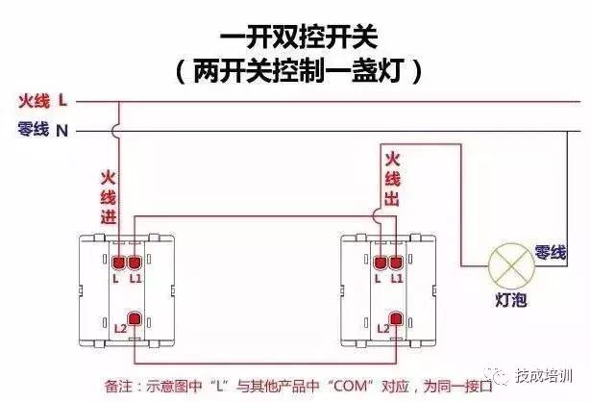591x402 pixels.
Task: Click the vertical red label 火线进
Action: [x=107, y=196]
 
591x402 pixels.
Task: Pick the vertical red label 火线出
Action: [x=392, y=177]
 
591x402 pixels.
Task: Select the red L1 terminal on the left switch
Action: [x=135, y=262]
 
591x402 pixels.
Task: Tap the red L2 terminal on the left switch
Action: [x=135, y=319]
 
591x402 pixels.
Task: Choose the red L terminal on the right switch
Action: [x=381, y=262]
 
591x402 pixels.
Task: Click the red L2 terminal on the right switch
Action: [x=395, y=319]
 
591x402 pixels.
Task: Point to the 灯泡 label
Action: [x=510, y=300]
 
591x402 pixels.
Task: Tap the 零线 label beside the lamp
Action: [x=551, y=252]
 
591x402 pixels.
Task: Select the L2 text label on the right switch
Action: [x=382, y=329]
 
